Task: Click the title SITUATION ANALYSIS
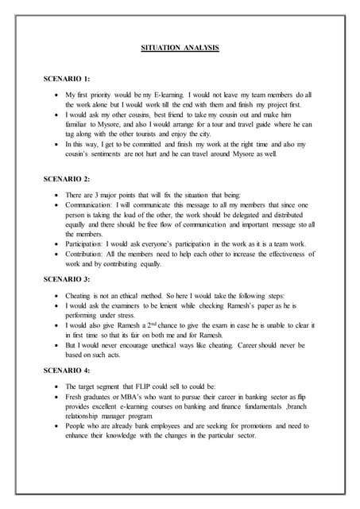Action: [x=179, y=49]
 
